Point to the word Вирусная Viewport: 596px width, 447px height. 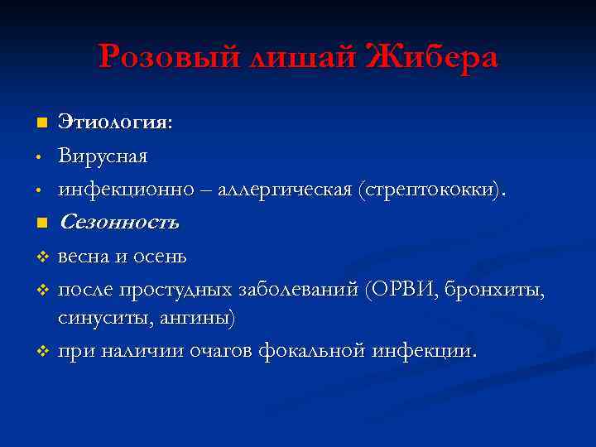pos(103,156)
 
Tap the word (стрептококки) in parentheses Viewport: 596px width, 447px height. pos(430,190)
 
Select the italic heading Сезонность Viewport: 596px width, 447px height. pos(118,223)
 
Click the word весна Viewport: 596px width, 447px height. pos(84,256)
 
